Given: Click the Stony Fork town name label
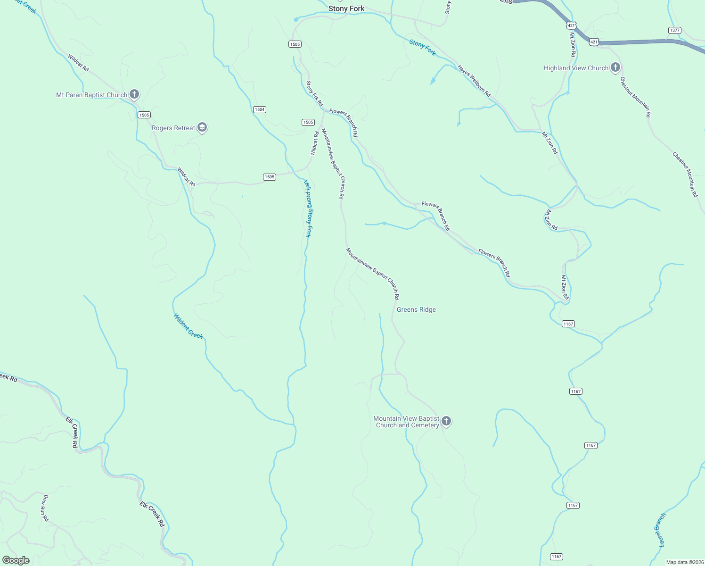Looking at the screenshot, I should click(346, 8).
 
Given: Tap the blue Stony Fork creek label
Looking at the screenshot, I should click(423, 48).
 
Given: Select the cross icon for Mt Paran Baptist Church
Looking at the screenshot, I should click(134, 94).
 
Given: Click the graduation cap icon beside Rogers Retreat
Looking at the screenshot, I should click(202, 128).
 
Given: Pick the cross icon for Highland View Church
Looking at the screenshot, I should click(615, 68).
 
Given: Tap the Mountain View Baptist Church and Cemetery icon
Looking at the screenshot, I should click(446, 421).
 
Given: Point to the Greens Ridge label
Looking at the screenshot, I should click(416, 309).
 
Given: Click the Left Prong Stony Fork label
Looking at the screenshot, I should click(308, 208).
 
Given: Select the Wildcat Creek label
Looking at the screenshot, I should click(188, 326).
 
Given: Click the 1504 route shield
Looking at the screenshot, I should click(260, 109).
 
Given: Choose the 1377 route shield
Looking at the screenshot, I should click(674, 30).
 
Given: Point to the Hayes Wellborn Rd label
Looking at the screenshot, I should click(474, 81).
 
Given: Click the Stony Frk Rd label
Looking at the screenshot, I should click(314, 93).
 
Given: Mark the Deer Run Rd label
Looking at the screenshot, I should click(45, 508).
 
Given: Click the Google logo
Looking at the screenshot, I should click(16, 560).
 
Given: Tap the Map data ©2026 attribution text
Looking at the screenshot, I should click(684, 562).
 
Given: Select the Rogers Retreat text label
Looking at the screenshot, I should click(173, 128).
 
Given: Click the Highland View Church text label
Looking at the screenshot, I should click(576, 68).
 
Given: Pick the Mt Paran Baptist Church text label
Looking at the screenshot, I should click(91, 95).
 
